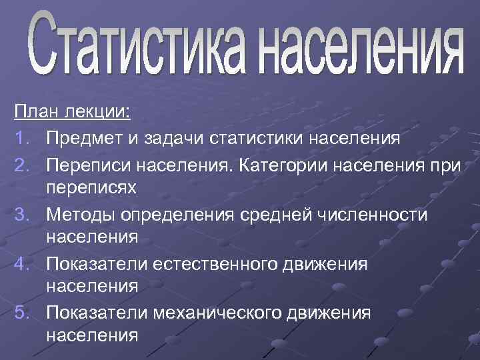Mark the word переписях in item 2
pos(91,187)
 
